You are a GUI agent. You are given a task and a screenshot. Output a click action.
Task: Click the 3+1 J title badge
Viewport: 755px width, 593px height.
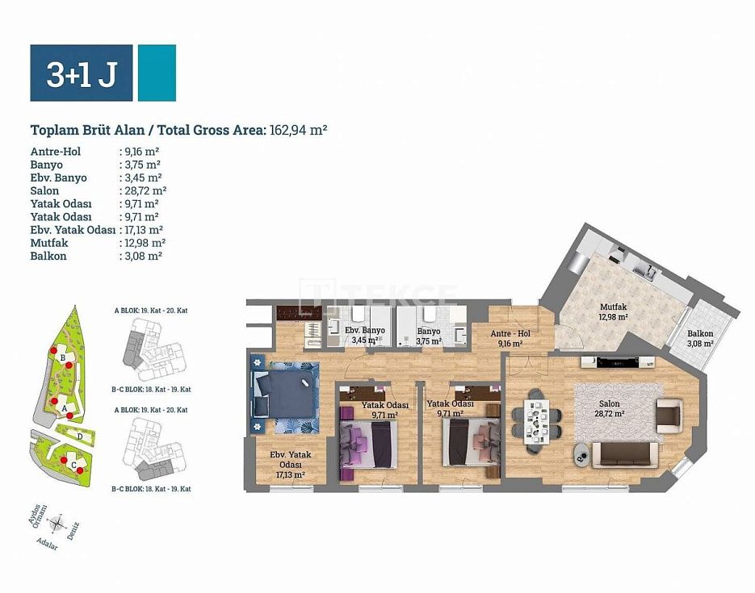[x=82, y=73]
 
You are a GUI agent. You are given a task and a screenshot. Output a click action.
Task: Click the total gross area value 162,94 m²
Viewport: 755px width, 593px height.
[x=299, y=130]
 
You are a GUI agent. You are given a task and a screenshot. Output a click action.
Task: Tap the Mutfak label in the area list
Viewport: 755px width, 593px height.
[x=49, y=243]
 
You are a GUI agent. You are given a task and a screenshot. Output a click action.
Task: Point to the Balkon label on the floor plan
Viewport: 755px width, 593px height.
[x=700, y=333]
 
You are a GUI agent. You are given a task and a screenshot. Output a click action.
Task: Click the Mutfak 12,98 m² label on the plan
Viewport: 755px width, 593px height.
[x=613, y=311]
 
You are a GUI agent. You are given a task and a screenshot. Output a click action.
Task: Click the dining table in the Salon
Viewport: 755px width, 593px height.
[x=536, y=422]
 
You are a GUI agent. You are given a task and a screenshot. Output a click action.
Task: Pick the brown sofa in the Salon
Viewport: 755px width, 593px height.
[x=625, y=455]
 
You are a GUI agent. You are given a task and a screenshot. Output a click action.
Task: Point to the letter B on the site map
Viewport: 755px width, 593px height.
[x=63, y=358]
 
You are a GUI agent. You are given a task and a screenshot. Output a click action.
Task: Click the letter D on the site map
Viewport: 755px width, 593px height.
[x=80, y=436]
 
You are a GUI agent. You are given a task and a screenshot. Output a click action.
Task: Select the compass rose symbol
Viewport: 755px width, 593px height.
[x=57, y=523]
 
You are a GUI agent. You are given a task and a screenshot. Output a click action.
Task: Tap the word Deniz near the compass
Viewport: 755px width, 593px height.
[x=73, y=531]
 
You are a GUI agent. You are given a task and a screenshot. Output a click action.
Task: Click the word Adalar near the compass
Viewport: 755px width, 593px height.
[x=47, y=545]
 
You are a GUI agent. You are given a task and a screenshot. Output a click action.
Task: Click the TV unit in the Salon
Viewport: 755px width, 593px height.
[x=618, y=362]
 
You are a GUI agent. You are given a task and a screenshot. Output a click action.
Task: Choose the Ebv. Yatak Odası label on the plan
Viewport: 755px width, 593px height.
[x=291, y=464]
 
